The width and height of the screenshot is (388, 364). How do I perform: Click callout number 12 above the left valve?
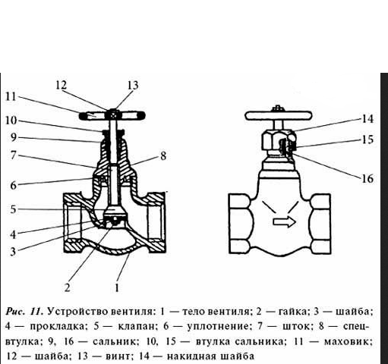coord(62,85)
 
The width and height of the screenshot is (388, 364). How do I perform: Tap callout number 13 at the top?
coord(133,85)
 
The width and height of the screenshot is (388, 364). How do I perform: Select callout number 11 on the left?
coord(11,96)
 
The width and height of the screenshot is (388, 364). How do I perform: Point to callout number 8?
coord(163,155)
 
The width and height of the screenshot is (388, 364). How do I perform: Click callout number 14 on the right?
coord(367,118)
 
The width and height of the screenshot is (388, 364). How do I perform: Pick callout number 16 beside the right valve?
coord(367,178)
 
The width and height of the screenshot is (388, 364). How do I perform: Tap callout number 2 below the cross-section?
coord(67,287)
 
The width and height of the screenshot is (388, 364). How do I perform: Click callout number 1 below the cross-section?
coord(117,287)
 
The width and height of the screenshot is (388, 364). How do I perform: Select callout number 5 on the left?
coord(13,209)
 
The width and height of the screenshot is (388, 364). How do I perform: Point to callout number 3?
coord(13,252)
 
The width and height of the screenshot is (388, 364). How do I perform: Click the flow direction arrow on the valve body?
coord(284,222)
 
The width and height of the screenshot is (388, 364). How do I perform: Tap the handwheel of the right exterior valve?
coord(279,116)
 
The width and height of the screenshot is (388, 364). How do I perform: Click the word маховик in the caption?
coord(348,341)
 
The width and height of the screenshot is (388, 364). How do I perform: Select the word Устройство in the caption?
coord(78,311)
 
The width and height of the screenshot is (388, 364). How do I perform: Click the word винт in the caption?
coord(118,356)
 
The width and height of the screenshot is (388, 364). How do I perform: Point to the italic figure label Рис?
coord(16,311)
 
